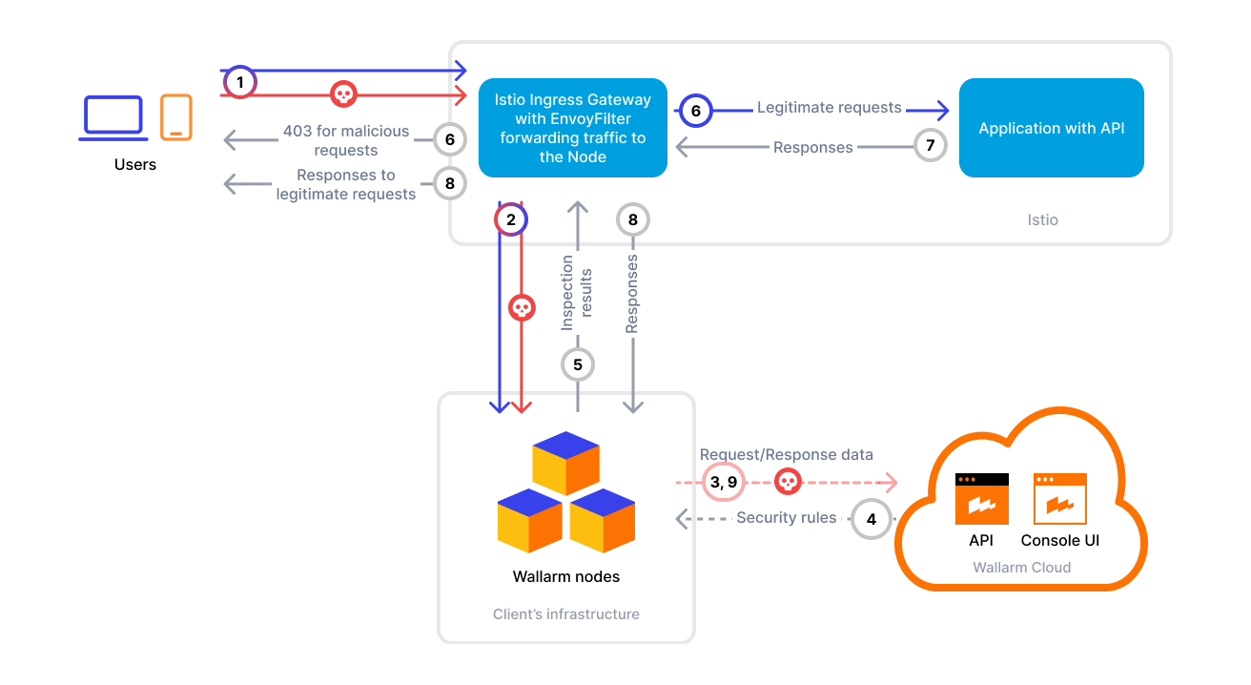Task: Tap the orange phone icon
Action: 175,116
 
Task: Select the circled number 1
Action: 240,83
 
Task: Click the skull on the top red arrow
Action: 342,93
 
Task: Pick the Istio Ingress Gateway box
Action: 572,128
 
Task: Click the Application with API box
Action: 1051,128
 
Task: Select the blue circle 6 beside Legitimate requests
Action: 695,111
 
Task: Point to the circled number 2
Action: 511,219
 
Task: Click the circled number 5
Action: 578,363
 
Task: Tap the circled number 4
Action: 871,520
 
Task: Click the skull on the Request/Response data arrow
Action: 788,482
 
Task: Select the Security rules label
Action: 786,518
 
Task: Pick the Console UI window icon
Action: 1059,499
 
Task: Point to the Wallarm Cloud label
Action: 1021,568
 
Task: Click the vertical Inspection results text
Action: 578,293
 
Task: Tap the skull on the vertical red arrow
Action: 521,307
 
